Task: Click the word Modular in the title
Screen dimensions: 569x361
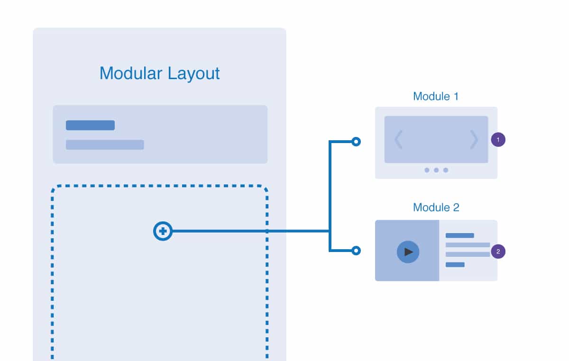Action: (131, 73)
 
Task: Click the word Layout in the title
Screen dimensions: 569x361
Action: (193, 74)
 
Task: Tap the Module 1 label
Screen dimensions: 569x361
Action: (436, 97)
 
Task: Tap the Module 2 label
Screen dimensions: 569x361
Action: (436, 208)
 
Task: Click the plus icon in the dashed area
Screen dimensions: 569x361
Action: (163, 231)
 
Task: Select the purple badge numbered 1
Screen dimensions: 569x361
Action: (498, 140)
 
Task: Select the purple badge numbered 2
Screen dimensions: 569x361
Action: (498, 252)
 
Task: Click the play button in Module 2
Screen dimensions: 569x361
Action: (408, 252)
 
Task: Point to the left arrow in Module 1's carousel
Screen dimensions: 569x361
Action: (398, 139)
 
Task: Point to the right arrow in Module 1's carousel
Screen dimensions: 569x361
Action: (474, 139)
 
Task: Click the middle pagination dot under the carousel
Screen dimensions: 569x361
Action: (436, 170)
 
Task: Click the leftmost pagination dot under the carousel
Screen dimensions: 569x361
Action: (427, 170)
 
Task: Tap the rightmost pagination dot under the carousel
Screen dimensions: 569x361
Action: (446, 170)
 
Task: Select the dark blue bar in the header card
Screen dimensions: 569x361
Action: (90, 125)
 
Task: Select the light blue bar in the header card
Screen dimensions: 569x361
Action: (105, 144)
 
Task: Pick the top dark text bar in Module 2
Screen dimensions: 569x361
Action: (460, 235)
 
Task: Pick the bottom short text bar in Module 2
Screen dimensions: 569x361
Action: (455, 265)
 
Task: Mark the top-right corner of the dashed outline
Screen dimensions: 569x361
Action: (266, 187)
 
